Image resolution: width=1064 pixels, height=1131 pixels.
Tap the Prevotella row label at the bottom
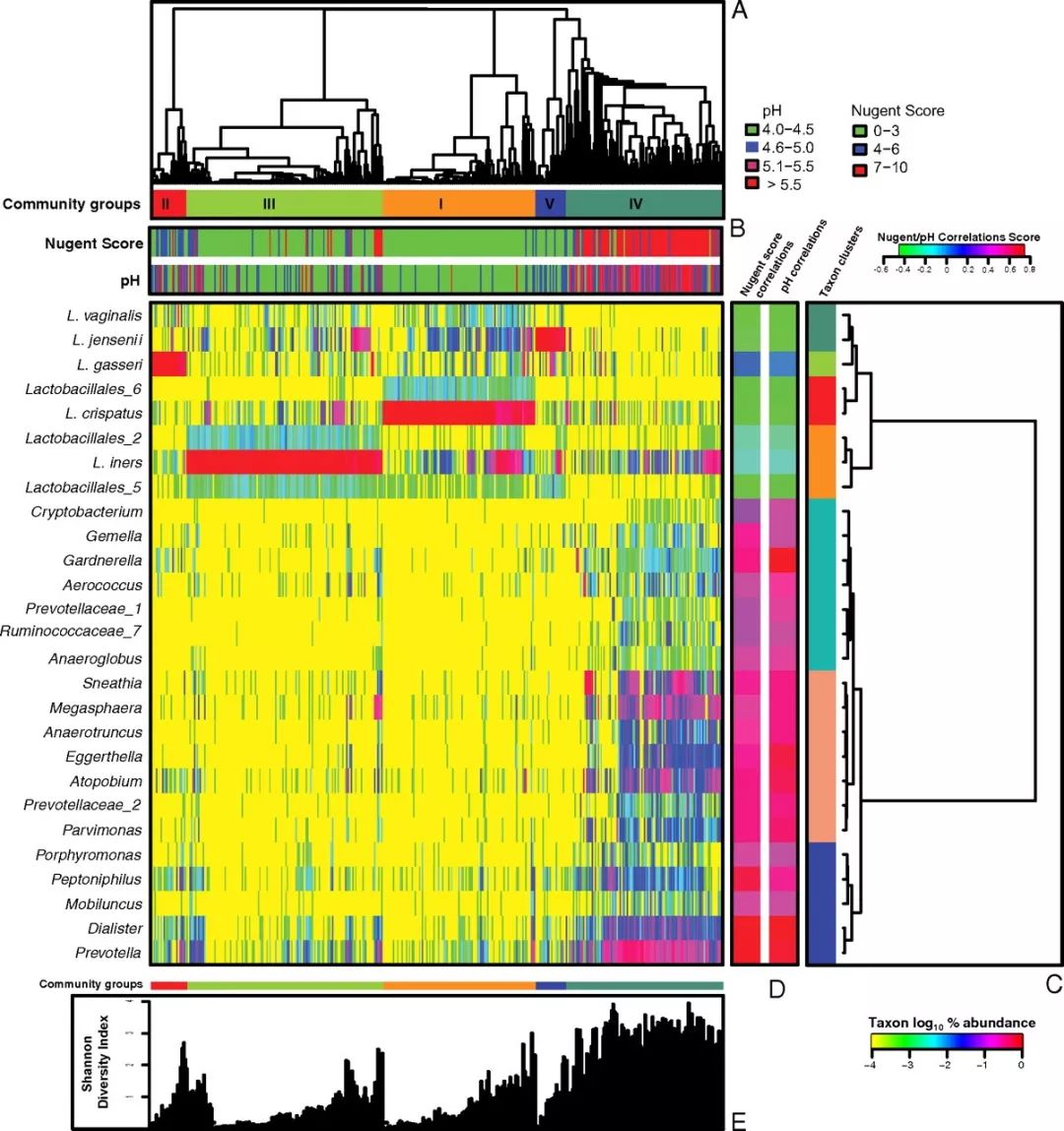(x=108, y=953)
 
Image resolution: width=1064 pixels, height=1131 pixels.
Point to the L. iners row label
(x=115, y=463)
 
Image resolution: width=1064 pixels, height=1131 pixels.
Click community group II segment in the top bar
(x=167, y=204)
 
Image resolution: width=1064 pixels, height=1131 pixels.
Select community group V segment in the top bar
(x=550, y=204)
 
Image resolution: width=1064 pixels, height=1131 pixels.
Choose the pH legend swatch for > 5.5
(x=751, y=184)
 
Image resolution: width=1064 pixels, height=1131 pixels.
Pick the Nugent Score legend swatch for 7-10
(x=859, y=167)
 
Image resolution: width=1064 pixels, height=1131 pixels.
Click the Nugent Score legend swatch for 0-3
(x=859, y=130)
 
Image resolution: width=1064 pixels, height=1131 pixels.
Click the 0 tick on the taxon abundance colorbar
(x=1020, y=1064)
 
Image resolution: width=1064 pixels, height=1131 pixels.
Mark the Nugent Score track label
(x=94, y=243)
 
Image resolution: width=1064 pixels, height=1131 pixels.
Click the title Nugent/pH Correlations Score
(x=958, y=237)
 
